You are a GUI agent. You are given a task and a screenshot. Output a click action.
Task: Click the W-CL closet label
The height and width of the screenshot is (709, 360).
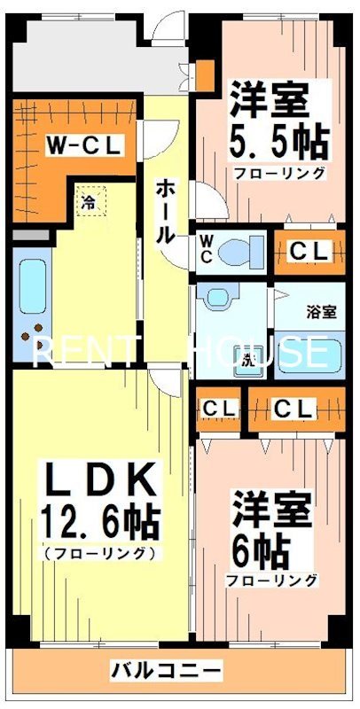tap(84, 144)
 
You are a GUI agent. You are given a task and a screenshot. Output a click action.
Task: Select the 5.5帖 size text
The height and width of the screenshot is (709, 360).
tap(280, 140)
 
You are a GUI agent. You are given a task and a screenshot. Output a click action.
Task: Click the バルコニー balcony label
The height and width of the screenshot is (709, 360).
tap(167, 668)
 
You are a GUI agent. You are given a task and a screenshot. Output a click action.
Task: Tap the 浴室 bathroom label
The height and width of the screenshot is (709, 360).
tap(321, 312)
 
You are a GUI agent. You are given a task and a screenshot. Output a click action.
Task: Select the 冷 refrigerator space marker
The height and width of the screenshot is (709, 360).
tap(88, 202)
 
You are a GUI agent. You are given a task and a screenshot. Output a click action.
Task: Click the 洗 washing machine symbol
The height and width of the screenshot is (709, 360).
tap(249, 359)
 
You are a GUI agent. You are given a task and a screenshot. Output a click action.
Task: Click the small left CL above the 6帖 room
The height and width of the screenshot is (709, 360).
tap(219, 409)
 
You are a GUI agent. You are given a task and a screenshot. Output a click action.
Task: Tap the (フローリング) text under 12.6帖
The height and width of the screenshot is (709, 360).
tap(99, 554)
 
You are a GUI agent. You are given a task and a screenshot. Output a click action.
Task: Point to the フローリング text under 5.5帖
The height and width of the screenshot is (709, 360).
tap(279, 174)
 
